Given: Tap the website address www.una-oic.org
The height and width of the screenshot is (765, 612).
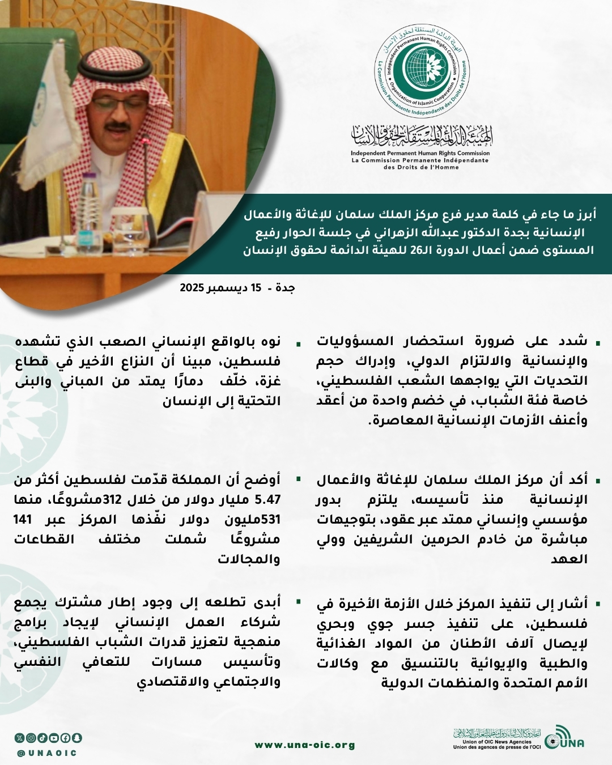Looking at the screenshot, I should coord(305,745).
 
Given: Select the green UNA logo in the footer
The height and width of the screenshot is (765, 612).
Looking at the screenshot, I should coord(564,739).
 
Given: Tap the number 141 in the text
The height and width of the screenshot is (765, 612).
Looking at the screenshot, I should coord(23,520).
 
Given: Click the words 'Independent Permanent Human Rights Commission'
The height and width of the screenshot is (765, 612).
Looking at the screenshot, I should coord(420,153).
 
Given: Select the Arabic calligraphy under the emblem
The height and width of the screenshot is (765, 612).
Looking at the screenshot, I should coord(422,135).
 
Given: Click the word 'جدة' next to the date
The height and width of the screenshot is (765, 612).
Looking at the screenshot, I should coord(285,288).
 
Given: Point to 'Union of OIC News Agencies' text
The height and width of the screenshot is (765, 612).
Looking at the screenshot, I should coord(497,742).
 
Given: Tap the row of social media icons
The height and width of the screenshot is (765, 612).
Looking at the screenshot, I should coord(48,738).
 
